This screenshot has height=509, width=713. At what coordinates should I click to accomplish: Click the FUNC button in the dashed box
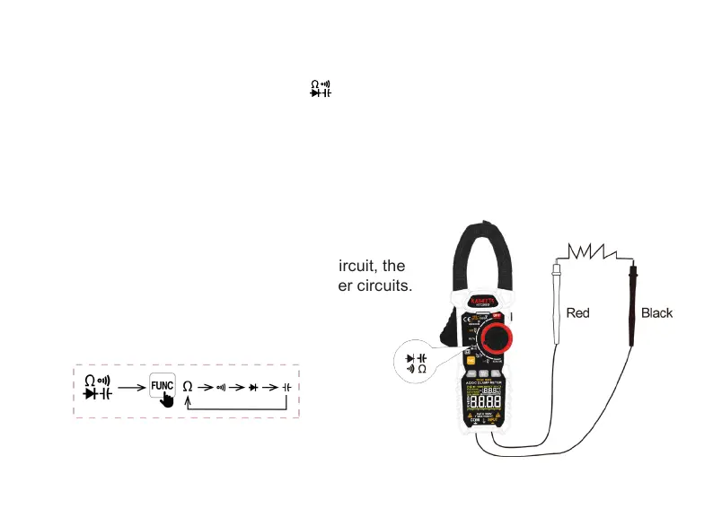click(x=162, y=384)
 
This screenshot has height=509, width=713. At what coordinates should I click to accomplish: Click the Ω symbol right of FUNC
click(x=188, y=385)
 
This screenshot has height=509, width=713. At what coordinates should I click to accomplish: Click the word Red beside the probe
click(x=577, y=313)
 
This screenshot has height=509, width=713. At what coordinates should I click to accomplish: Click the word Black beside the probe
click(x=656, y=313)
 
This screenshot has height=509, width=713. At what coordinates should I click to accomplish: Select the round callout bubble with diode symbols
click(x=415, y=362)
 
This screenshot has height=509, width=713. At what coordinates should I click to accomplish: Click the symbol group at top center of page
click(x=321, y=88)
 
